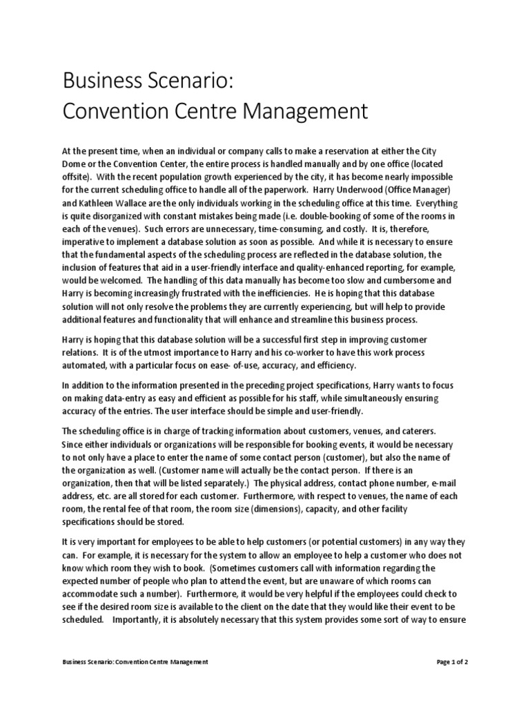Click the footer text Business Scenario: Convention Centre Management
135,662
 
